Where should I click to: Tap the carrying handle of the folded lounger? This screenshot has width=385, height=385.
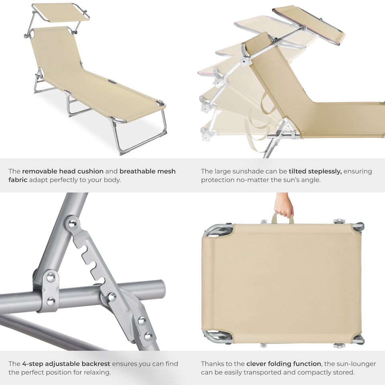(283, 218)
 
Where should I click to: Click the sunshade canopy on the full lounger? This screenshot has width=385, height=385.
(61, 12)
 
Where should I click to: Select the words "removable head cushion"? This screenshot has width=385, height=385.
(63, 171)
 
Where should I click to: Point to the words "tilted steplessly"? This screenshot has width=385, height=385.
(315, 171)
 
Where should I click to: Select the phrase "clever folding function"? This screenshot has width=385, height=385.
(284, 364)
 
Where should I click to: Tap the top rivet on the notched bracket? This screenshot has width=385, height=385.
(73, 224)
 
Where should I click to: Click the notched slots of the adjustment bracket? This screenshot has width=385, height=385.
(93, 261)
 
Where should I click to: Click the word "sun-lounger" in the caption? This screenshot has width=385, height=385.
(355, 364)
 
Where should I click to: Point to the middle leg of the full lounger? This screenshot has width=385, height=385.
(76, 106)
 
